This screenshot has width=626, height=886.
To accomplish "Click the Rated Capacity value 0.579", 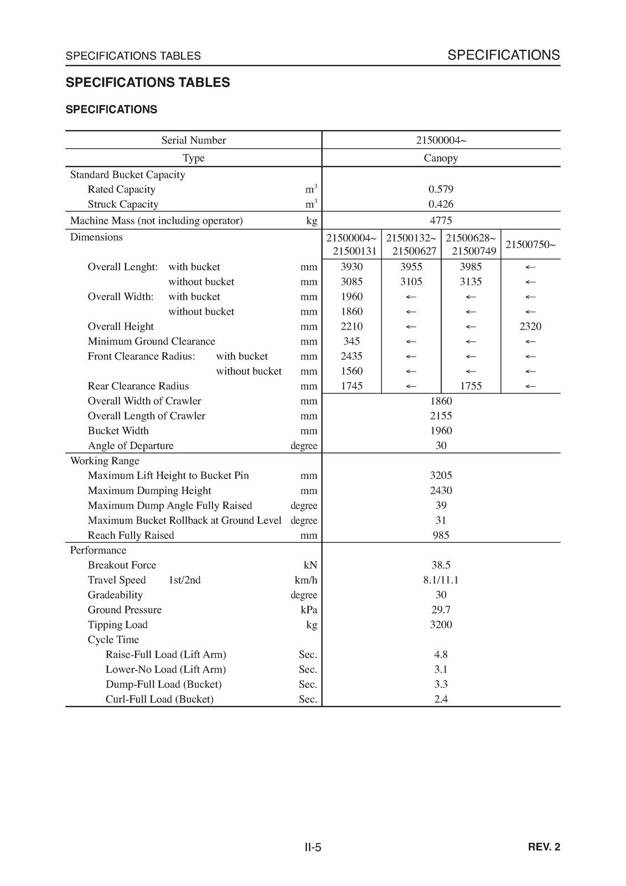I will [441, 189].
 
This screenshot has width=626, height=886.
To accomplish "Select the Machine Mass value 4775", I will [441, 220].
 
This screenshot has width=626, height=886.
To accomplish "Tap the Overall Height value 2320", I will [530, 327].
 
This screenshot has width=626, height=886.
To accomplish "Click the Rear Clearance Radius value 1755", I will [470, 387].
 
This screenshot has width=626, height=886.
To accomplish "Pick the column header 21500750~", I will [530, 245].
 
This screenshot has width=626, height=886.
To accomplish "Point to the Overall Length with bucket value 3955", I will [411, 267].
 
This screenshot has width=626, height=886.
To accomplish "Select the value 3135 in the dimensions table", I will [470, 282].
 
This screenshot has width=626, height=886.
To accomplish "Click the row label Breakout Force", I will [122, 565].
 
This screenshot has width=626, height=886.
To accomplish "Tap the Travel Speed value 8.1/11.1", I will [441, 580].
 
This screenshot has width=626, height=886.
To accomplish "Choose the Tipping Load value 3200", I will [441, 625].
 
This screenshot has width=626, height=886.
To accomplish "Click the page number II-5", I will [313, 847].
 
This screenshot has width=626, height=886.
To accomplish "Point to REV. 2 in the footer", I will [544, 847].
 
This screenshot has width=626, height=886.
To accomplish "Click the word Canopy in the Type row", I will [441, 158].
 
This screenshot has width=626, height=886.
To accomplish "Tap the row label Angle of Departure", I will [131, 446].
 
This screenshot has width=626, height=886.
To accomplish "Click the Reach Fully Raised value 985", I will [441, 535].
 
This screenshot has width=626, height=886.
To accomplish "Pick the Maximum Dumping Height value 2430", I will [441, 491].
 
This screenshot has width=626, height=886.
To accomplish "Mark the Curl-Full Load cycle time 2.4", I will [441, 699].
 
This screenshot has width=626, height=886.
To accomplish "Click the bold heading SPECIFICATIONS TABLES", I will [148, 83].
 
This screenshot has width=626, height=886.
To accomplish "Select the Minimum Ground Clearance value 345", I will [351, 342].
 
